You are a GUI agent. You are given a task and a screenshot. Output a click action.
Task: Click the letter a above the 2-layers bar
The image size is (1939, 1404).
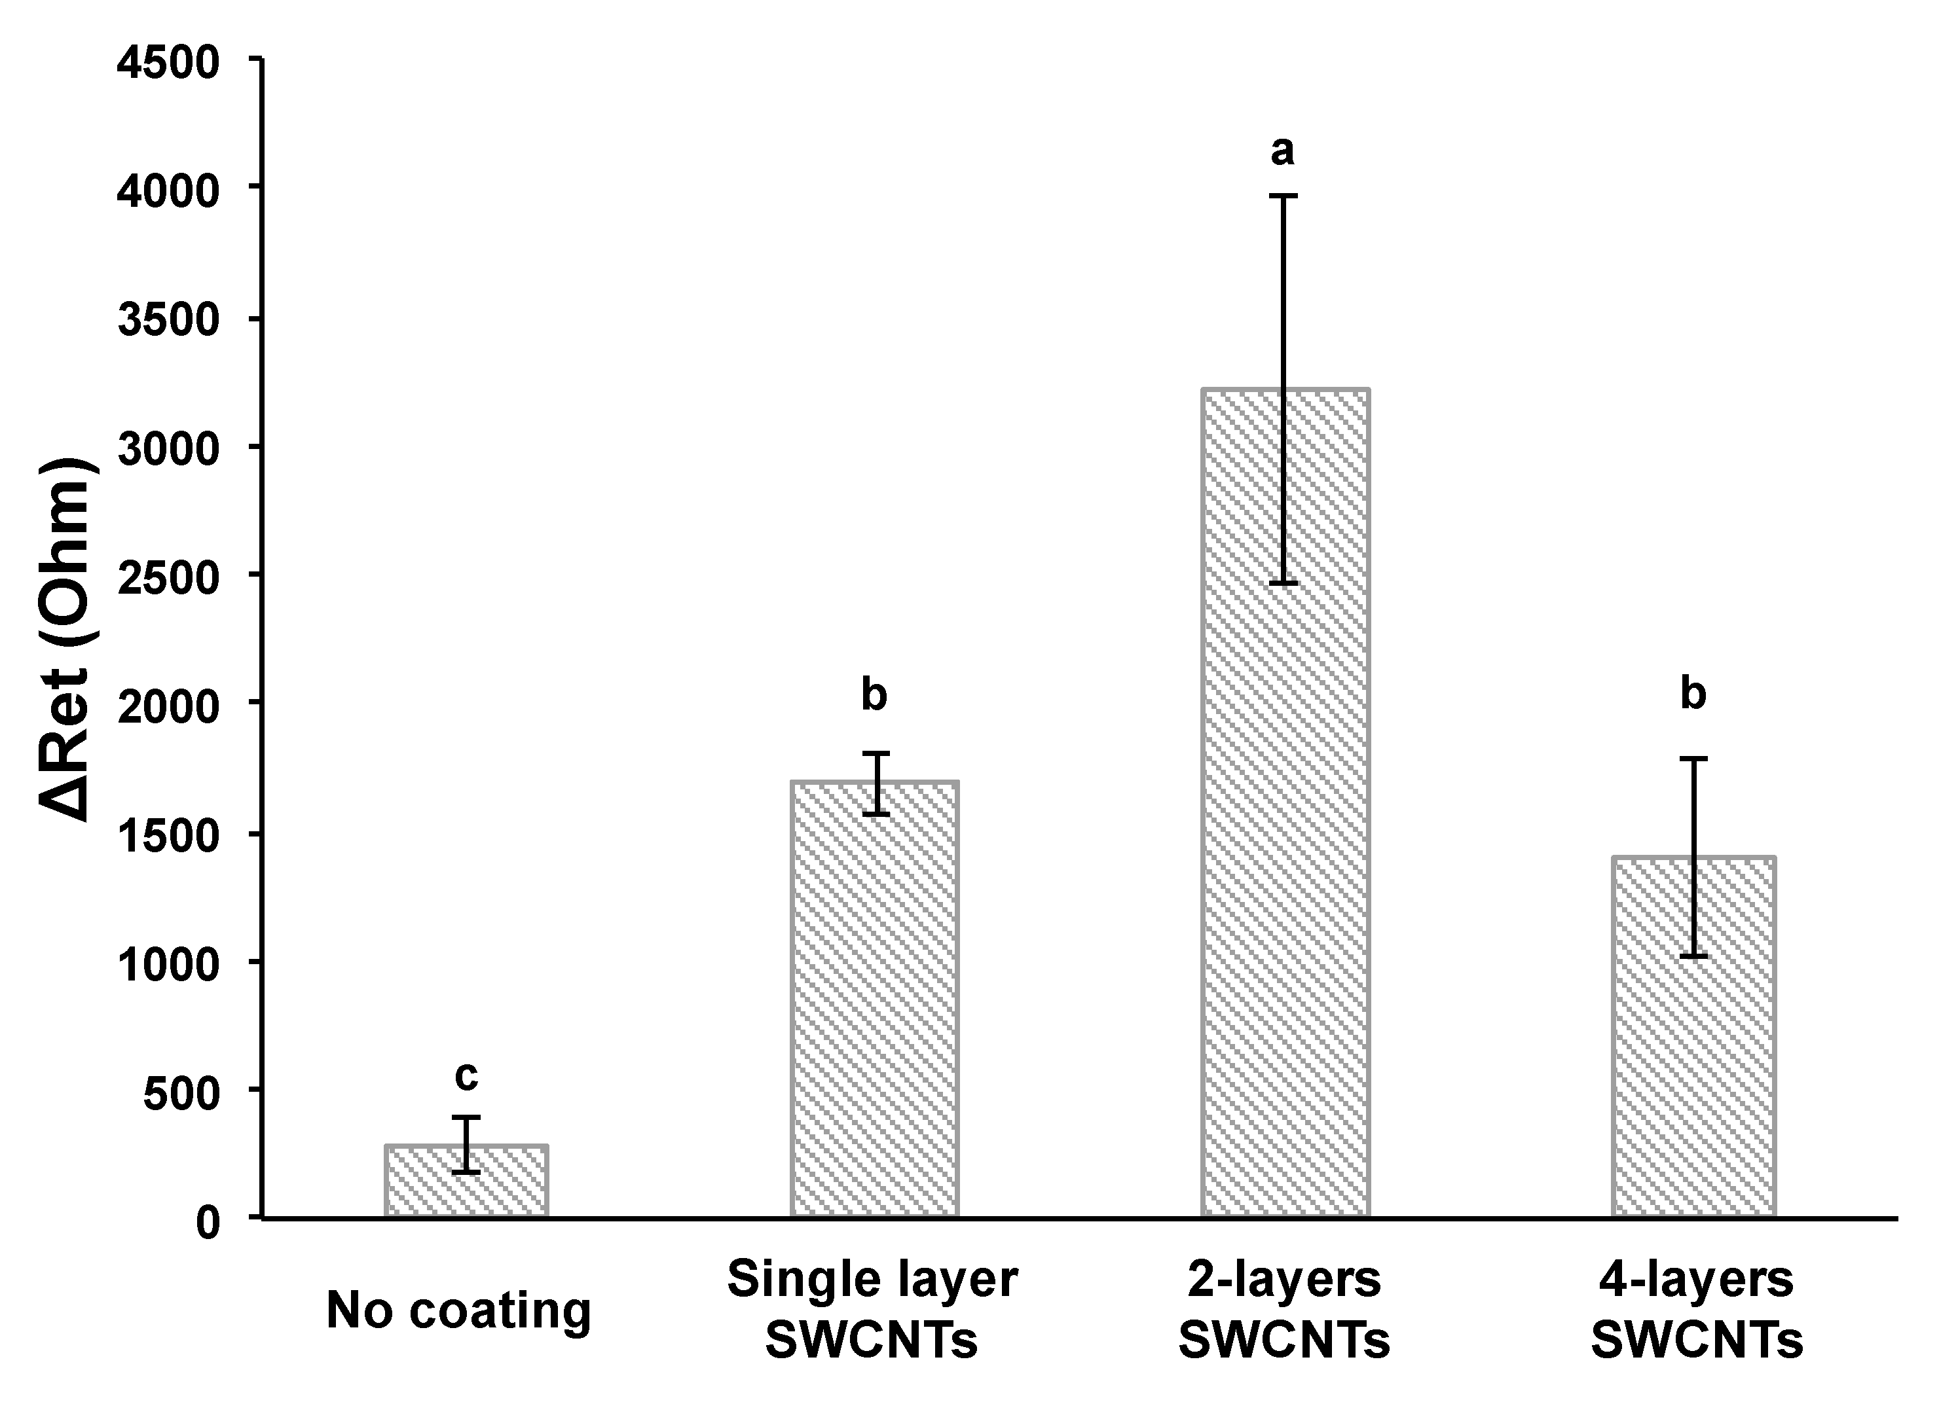(1282, 152)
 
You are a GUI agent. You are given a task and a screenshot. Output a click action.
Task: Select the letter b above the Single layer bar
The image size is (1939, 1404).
(874, 694)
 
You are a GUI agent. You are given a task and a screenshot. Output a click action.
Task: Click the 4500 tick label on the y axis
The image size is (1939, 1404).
(168, 64)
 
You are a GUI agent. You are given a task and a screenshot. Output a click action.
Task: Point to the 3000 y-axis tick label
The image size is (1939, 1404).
(168, 450)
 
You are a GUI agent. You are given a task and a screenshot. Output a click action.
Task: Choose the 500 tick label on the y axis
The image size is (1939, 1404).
(181, 1093)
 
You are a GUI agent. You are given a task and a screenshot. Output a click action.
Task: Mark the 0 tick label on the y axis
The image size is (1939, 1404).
(208, 1223)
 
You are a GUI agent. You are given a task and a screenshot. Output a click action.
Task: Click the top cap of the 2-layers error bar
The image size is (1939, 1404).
(1283, 196)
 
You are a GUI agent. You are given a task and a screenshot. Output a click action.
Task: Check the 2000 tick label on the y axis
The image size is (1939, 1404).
(168, 707)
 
